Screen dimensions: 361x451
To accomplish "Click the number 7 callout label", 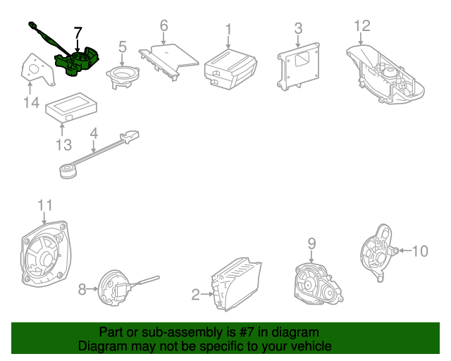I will coord(78,32).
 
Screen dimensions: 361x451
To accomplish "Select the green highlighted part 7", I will coord(78,60).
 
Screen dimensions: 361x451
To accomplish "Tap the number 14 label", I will coord(30,104).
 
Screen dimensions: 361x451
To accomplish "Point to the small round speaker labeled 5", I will coord(123,75).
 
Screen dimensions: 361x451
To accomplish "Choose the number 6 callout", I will coord(163,26).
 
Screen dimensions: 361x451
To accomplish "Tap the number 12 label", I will coord(362,26).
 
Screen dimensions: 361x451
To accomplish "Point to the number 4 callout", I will coord(93,132).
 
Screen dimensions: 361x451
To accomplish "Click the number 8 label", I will coord(82,288).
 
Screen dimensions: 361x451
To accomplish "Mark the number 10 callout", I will coord(419,250).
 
